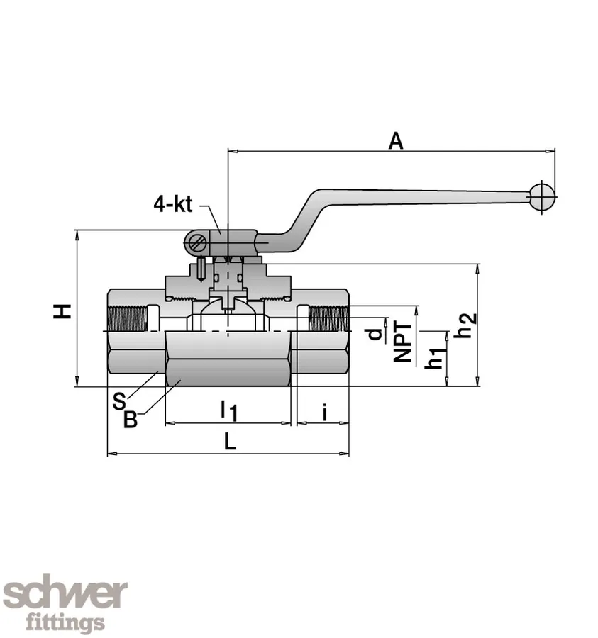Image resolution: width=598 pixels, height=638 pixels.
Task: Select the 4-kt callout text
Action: point(172,204)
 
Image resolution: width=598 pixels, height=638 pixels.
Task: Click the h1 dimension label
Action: point(435,355)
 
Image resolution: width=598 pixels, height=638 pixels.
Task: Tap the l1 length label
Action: point(228,410)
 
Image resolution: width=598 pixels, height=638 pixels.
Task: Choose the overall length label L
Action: point(229,442)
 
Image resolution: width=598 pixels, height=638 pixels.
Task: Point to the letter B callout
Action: point(131,419)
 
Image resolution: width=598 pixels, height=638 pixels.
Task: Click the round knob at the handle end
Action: point(543,197)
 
